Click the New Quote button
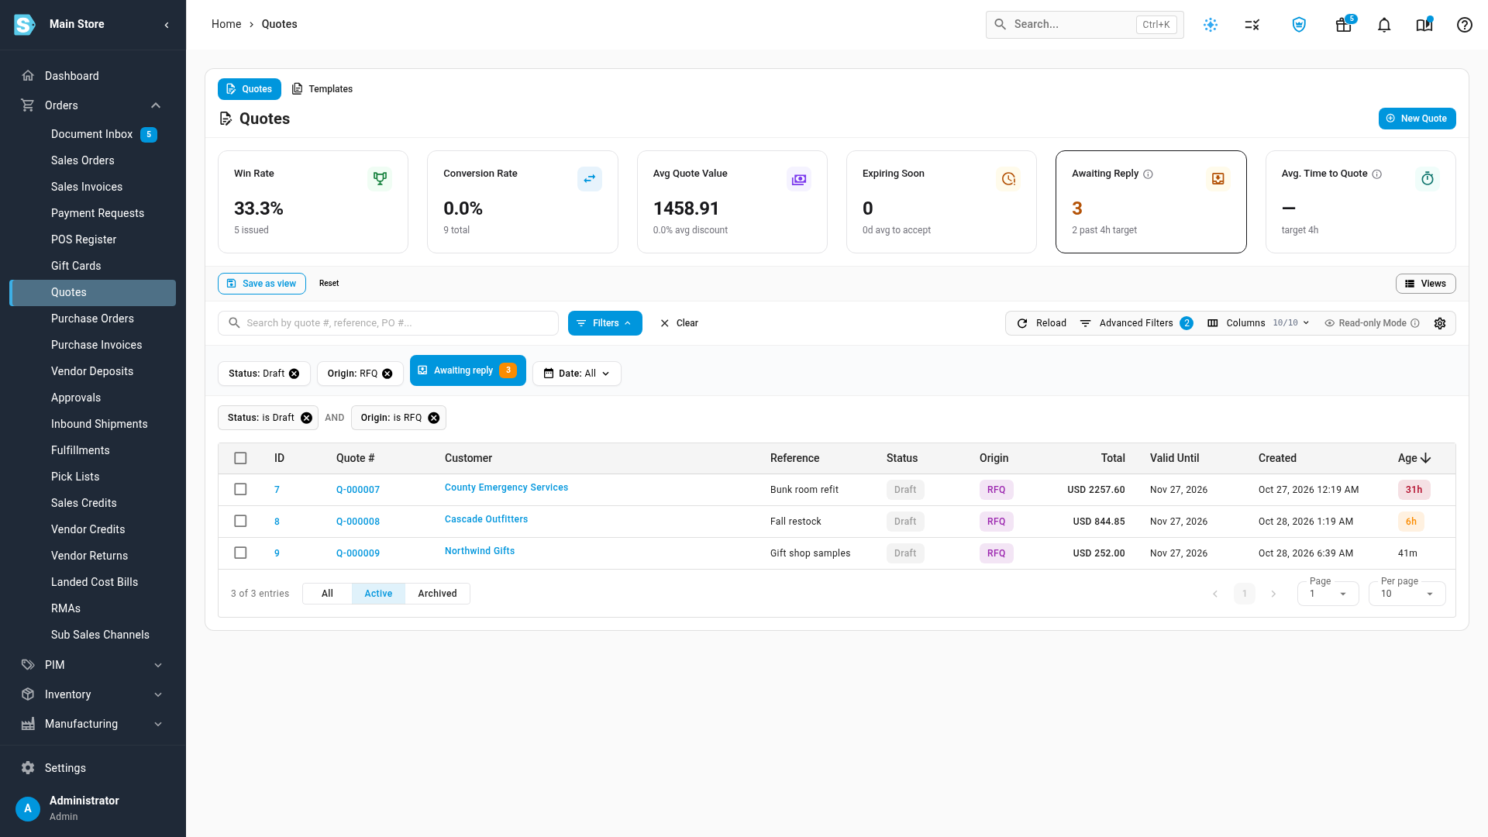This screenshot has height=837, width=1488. (x=1417, y=119)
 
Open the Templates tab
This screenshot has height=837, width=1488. (x=322, y=89)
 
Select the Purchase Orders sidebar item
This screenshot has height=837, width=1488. (x=92, y=319)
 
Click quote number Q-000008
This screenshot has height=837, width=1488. (x=358, y=522)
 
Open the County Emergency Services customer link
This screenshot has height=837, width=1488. (x=506, y=487)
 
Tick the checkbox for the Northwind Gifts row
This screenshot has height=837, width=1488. (x=240, y=553)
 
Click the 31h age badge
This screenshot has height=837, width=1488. (x=1414, y=490)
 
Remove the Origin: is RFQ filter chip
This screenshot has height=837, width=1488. (x=434, y=418)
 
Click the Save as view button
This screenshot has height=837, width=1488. (x=262, y=284)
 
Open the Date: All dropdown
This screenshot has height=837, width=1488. (x=577, y=374)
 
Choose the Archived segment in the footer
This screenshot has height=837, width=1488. (x=437, y=594)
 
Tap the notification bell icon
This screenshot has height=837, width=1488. (x=1384, y=25)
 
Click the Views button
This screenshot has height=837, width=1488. (x=1426, y=284)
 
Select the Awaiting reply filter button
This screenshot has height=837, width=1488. (x=468, y=370)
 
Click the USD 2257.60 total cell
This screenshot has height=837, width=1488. (x=1096, y=490)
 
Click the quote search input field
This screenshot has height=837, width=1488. (x=388, y=323)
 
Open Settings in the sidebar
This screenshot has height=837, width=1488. (x=65, y=768)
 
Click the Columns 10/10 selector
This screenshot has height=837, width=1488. (x=1259, y=323)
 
